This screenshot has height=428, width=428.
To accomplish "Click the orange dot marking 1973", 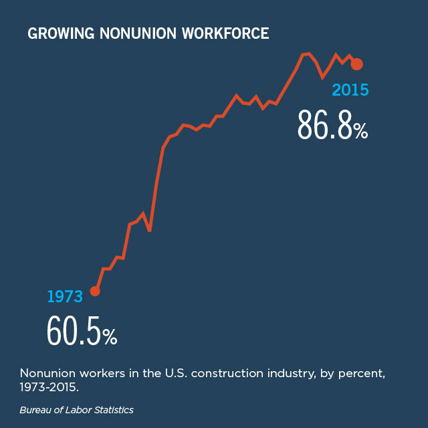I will [95, 291].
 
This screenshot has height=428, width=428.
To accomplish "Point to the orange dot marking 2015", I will [357, 64].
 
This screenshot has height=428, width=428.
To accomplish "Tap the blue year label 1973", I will [64, 296].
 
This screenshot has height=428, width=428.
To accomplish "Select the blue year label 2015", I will [350, 89].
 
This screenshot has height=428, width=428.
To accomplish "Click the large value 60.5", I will [74, 330].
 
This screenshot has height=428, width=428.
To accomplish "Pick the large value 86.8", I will [324, 125].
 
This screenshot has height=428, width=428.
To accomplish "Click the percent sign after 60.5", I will [110, 336].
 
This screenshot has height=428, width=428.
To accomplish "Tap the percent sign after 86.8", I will [360, 130].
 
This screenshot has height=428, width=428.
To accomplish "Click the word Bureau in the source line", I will [34, 409].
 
